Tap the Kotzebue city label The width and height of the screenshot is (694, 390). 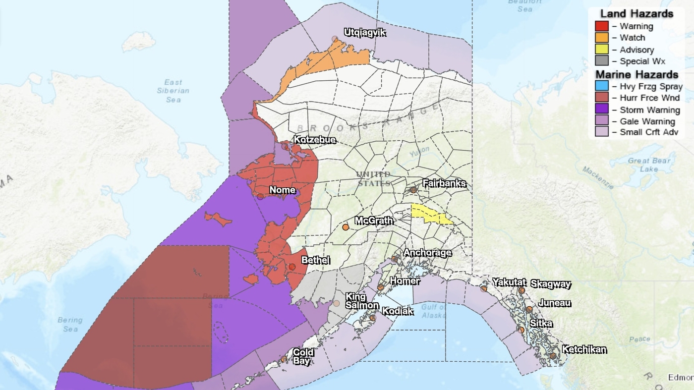click(x=315, y=140)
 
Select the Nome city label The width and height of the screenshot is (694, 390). click(x=283, y=190)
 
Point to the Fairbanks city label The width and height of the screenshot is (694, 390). click(x=444, y=183)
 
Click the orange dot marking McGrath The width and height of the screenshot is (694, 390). click(x=346, y=227)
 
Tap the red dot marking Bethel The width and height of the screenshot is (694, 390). click(x=292, y=267)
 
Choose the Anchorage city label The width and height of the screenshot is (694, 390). click(x=427, y=253)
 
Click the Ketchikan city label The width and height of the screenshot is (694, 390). click(x=584, y=349)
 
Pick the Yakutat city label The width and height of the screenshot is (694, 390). click(x=509, y=282)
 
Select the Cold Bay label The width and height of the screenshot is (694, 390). click(x=303, y=356)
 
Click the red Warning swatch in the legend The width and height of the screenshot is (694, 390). click(x=601, y=26)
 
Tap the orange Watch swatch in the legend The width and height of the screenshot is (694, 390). click(x=601, y=38)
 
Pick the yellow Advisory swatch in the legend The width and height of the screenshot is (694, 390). click(x=601, y=50)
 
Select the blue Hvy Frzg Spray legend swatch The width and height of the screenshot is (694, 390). click(x=601, y=86)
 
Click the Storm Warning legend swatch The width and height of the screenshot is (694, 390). click(x=601, y=110)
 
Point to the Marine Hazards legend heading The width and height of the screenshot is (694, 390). click(x=636, y=75)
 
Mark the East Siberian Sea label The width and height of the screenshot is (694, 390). click(x=173, y=91)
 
